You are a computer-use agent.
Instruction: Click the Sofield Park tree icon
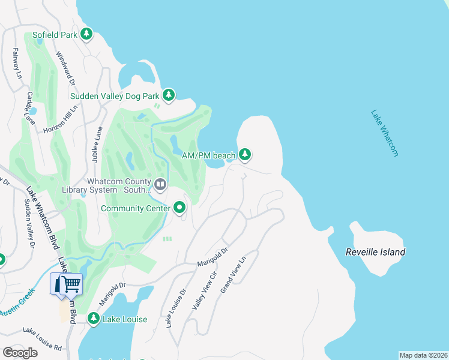tap(87, 34)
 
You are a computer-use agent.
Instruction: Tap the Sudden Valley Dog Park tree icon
tap(169, 95)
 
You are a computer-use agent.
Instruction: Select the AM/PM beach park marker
tap(245, 155)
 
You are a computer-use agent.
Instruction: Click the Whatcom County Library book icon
tap(160, 185)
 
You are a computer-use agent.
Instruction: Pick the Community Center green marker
tap(180, 208)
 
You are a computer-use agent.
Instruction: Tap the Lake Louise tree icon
tap(94, 319)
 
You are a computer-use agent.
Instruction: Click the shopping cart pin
tap(71, 284)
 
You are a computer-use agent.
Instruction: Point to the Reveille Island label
tap(375, 252)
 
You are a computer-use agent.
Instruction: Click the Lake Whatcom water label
tap(384, 133)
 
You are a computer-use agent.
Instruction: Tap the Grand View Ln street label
tap(233, 275)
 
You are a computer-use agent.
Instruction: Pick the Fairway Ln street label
tap(16, 64)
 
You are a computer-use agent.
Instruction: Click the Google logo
tap(20, 352)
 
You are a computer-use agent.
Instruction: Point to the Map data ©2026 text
tap(423, 355)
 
